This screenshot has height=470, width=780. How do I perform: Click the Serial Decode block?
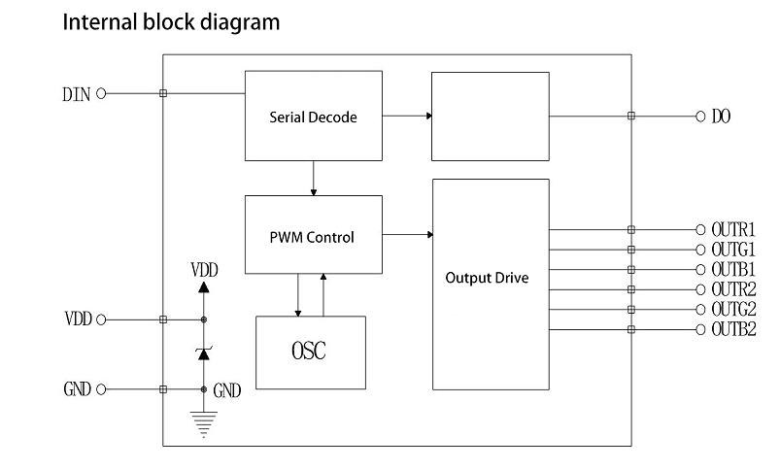(313, 116)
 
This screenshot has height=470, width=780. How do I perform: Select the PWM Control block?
(312, 236)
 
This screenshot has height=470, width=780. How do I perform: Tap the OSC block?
(309, 352)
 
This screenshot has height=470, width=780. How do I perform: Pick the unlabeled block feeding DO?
(491, 116)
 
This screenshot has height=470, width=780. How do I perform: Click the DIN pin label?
(77, 94)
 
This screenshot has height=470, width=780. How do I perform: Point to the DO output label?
(721, 117)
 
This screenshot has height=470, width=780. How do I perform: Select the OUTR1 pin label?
(733, 230)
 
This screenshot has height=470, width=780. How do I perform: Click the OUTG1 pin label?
(733, 250)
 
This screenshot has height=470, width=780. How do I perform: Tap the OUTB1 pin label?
(733, 269)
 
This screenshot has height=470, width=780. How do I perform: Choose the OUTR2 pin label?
(733, 289)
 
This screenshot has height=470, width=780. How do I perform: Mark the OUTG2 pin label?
(733, 309)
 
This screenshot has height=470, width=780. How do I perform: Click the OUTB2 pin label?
(733, 329)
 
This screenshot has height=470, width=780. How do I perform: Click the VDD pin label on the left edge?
(78, 319)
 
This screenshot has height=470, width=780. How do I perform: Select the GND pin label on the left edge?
(78, 389)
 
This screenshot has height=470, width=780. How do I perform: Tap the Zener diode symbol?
(203, 353)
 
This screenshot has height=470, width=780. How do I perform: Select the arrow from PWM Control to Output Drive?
(408, 234)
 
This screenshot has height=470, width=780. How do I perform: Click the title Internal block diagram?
(171, 21)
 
